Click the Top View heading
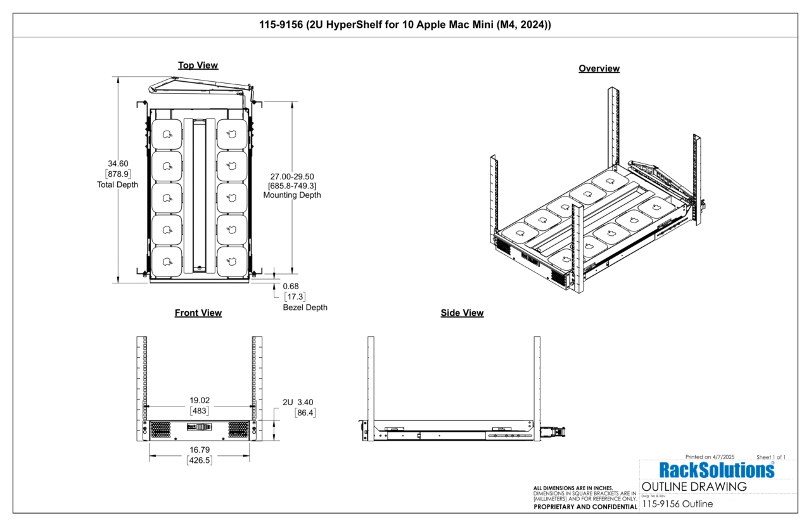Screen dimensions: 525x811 pos(198,65)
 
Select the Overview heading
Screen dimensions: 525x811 pos(599,68)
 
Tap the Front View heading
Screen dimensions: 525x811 pos(198,313)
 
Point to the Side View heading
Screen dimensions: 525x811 pos(462,313)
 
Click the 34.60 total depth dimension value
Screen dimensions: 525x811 pos(118,164)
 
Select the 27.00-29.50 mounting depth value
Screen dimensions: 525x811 pos(292,176)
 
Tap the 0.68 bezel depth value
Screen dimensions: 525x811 pos(291,286)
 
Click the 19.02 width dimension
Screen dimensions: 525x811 pos(200,400)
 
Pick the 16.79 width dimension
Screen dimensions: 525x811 pos(200,450)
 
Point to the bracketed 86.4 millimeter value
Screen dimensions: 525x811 pos(305,413)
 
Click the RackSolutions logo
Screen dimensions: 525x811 pos(717,470)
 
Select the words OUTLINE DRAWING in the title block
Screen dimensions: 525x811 pos(694,487)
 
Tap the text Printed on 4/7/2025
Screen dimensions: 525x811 pos(710,457)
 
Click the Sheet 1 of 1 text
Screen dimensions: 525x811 pos(771,457)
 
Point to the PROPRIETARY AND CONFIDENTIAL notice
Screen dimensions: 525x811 pos(585,507)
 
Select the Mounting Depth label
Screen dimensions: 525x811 pos(292,195)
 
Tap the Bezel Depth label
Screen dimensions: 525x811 pos(305,308)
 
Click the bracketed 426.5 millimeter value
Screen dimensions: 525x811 pos(200,461)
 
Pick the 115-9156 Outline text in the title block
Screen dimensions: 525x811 pos(677,504)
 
